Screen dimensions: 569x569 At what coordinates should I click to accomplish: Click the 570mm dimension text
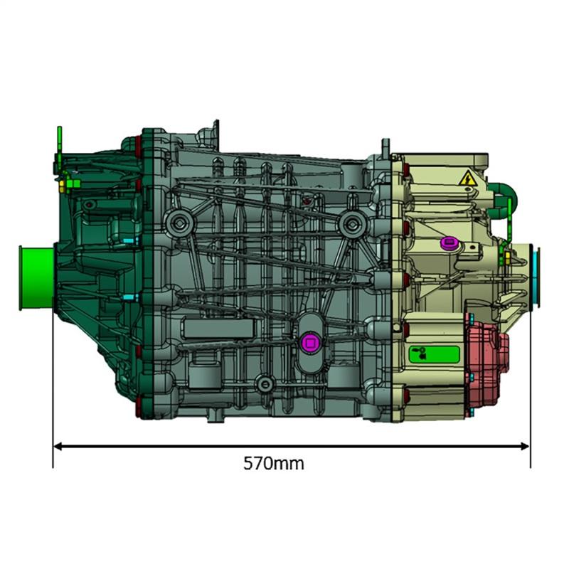tap(274, 464)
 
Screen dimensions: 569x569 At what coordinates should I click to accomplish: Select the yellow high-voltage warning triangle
tap(467, 179)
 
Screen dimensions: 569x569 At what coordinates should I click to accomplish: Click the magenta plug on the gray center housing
tap(310, 342)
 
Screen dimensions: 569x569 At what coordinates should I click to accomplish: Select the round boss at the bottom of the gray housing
tap(265, 384)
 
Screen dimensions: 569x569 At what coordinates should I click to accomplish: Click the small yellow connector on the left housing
tap(68, 184)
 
